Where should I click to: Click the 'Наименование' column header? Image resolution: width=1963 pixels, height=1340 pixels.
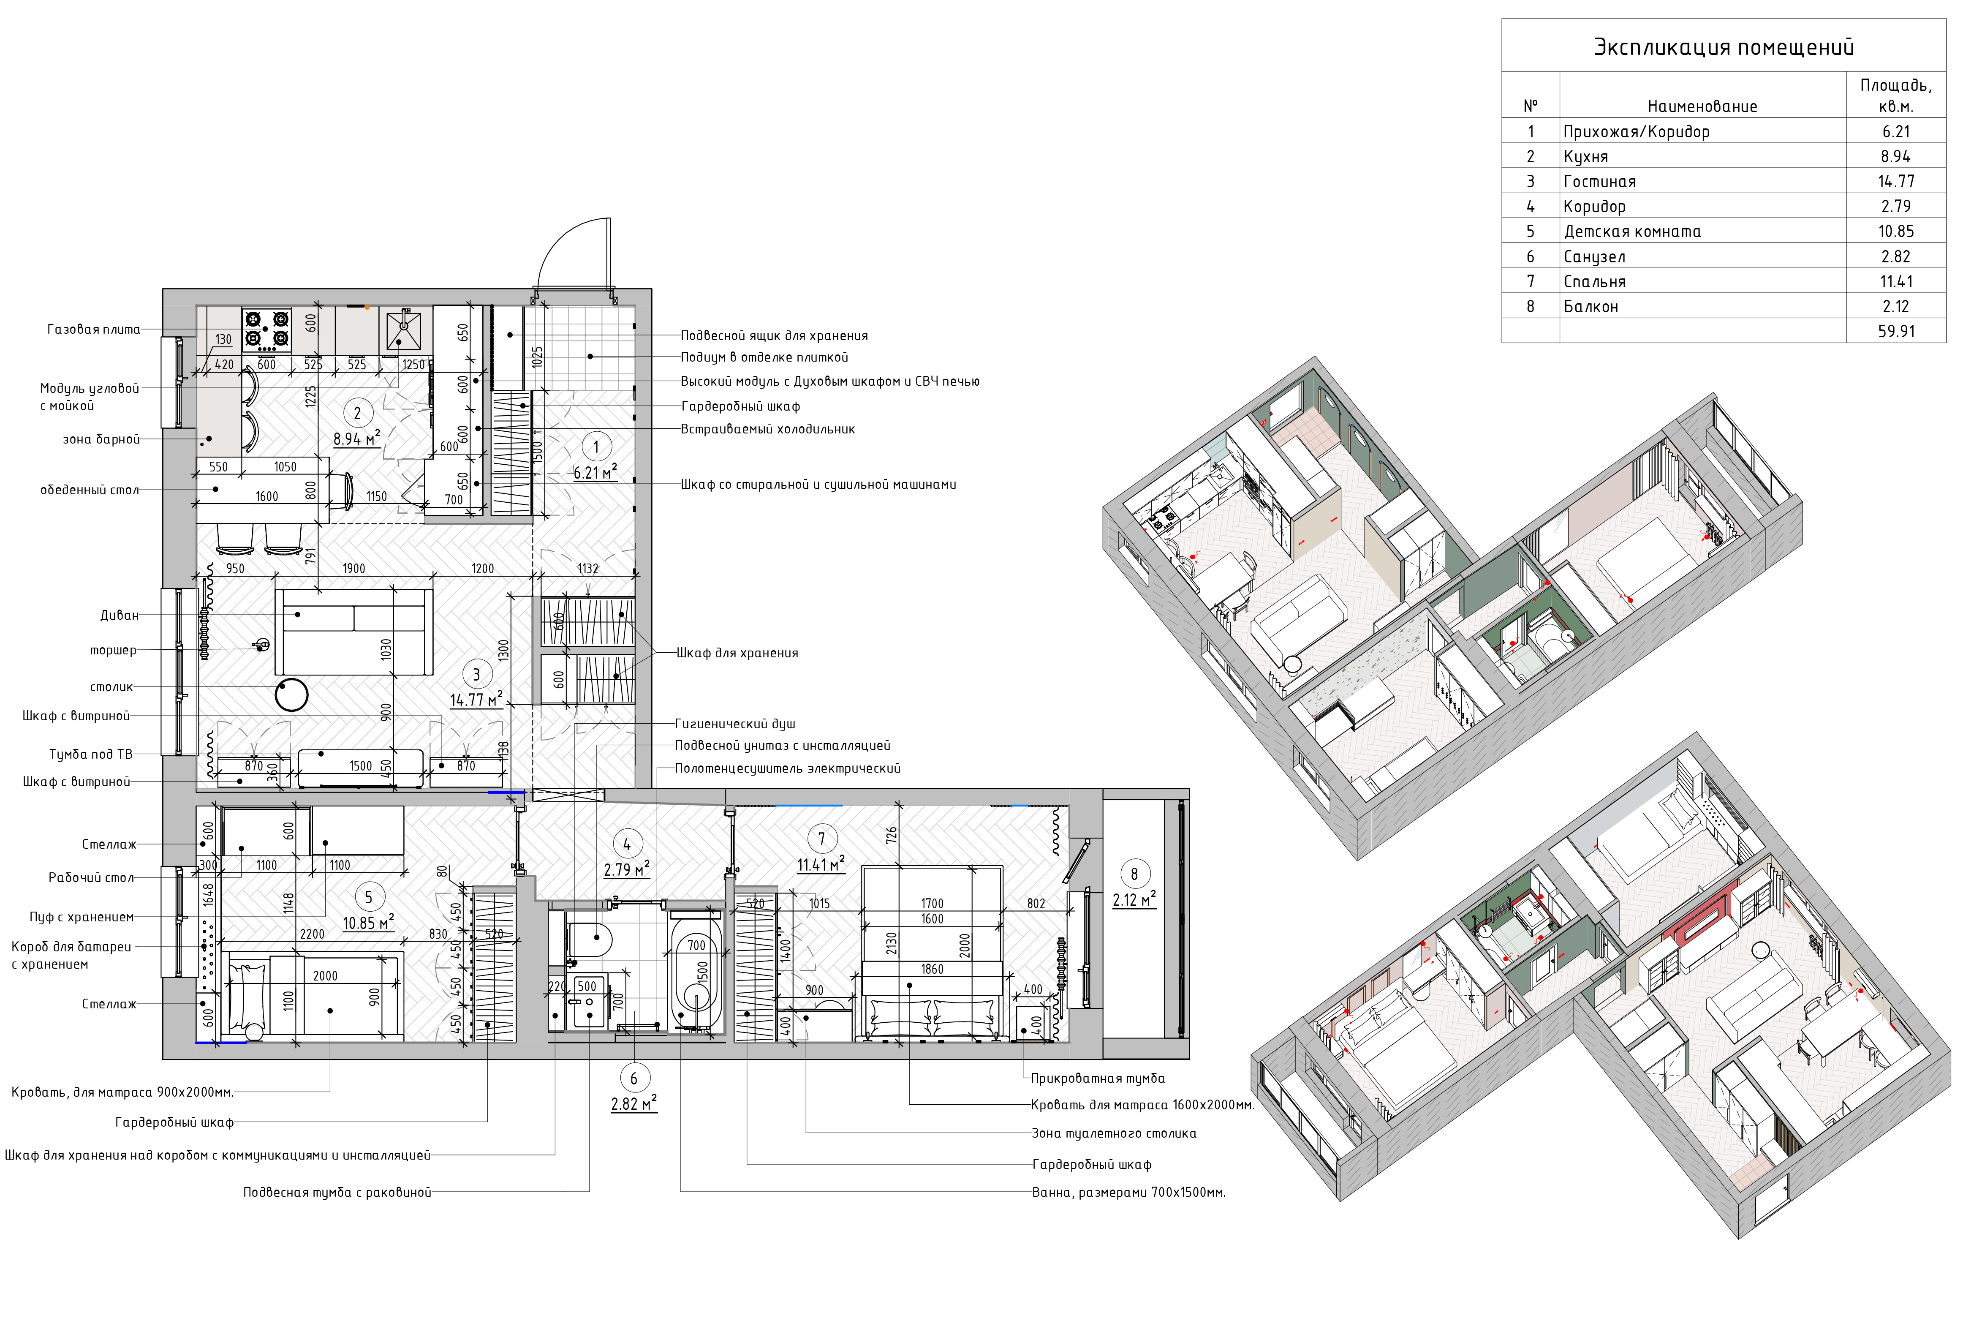(1702, 106)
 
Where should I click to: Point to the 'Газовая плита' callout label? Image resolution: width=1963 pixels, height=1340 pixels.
(94, 330)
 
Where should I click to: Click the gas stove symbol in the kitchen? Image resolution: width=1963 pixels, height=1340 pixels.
(267, 330)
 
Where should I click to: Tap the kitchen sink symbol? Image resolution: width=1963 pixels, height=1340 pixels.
(404, 330)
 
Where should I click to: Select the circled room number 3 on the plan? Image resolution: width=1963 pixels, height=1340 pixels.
(476, 674)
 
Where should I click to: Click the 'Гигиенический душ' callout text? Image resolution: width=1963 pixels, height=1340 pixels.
(735, 724)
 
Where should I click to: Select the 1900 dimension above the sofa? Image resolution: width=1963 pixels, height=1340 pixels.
(354, 569)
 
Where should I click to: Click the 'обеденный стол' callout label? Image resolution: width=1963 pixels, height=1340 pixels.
(90, 490)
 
